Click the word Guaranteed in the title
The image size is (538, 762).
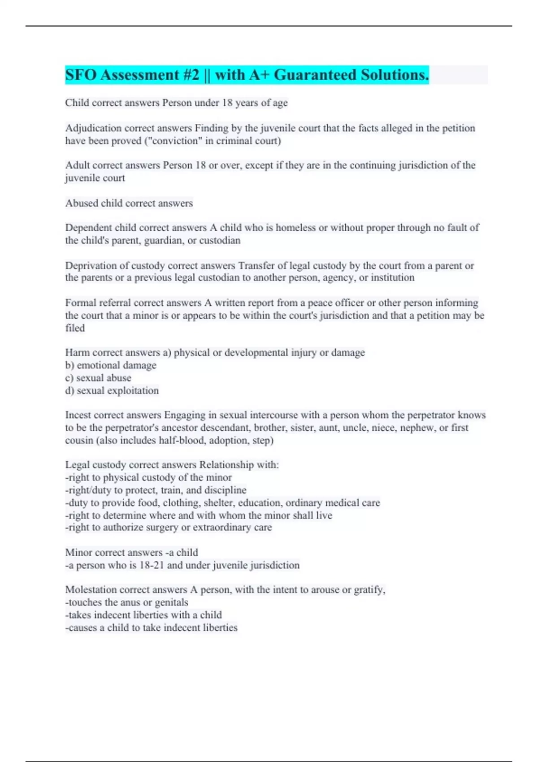coord(315,75)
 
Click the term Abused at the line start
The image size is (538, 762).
coord(81,203)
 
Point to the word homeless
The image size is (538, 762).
coord(295,228)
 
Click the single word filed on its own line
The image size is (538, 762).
coord(75,328)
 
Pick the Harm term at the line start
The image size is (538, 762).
coord(77,353)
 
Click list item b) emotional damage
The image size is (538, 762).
coord(111,365)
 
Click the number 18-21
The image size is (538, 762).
coord(152,565)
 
